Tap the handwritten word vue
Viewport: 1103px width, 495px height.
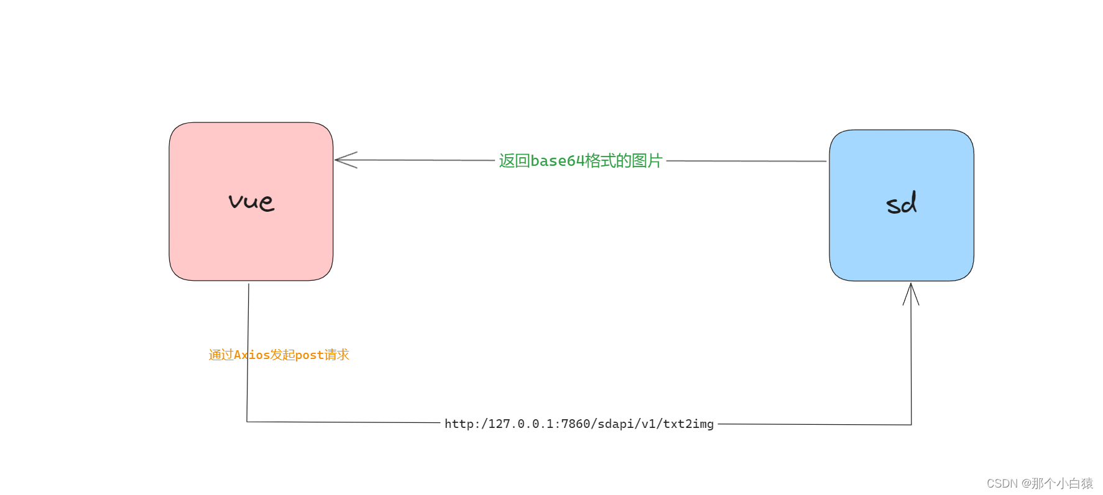251,201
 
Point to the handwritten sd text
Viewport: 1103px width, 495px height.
901,203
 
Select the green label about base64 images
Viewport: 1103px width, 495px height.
580,161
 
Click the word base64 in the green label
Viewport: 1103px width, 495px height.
557,161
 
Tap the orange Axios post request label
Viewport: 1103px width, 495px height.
279,355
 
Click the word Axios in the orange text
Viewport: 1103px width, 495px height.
252,355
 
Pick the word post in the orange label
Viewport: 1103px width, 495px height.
309,355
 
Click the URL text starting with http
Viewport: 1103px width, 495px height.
579,424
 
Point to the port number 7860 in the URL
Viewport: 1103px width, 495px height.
576,424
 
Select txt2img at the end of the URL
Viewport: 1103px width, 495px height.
688,424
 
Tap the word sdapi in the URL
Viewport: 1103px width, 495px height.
616,424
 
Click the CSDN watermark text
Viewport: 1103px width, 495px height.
1039,483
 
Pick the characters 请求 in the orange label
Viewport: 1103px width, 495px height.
337,355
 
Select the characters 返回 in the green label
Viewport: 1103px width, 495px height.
514,161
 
